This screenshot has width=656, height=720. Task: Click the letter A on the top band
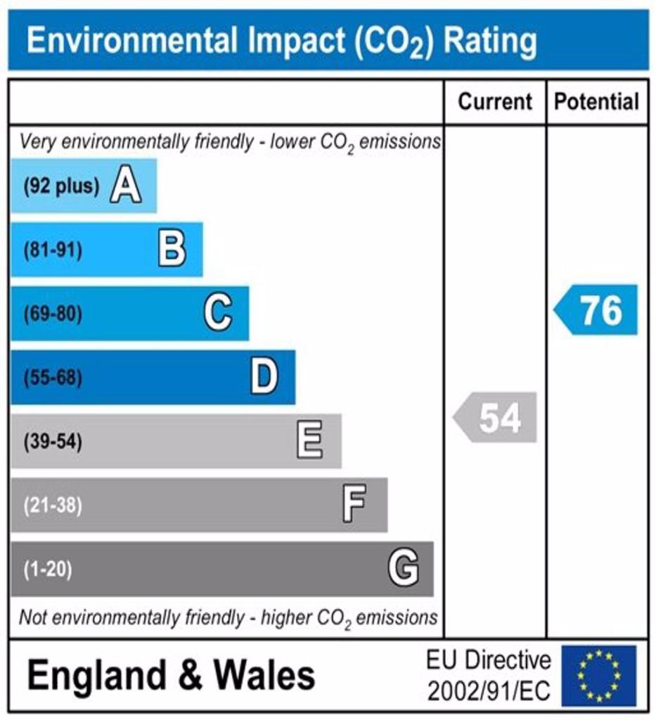click(x=126, y=186)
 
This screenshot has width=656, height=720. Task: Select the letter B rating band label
click(x=172, y=249)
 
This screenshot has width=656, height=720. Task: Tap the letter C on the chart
click(x=218, y=313)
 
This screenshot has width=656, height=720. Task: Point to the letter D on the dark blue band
click(x=264, y=377)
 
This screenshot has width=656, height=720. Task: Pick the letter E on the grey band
click(x=310, y=440)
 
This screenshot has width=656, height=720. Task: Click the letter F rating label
click(x=355, y=504)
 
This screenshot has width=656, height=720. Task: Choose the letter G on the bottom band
click(x=404, y=568)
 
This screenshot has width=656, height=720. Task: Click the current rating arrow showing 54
click(x=495, y=418)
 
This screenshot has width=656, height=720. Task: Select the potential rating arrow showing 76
click(x=596, y=310)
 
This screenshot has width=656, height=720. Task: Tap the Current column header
click(x=495, y=101)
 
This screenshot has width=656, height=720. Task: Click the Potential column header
click(x=596, y=101)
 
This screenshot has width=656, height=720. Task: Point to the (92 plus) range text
click(x=61, y=186)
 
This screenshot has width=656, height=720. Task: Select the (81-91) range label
click(x=53, y=250)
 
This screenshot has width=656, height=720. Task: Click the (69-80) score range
click(x=53, y=314)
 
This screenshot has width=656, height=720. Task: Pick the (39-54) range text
click(x=53, y=442)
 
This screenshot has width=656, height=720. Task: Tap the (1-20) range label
click(x=48, y=570)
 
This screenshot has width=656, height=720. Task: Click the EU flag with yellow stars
click(x=598, y=676)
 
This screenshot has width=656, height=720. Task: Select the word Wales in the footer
click(x=264, y=675)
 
